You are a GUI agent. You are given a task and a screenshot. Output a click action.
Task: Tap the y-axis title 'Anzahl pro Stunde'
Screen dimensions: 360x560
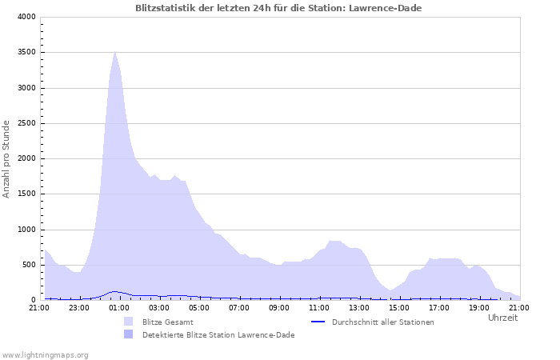(7, 158)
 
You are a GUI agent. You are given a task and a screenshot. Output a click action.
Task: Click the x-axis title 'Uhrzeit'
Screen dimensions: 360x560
(502, 318)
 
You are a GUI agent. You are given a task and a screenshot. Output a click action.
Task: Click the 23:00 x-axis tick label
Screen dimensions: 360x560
(79, 307)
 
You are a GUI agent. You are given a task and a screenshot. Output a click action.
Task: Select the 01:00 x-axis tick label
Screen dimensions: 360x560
(119, 307)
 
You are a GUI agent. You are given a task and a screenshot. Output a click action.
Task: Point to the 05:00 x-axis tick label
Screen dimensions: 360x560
(199, 307)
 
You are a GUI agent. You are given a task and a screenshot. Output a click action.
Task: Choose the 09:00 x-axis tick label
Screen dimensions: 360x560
(279, 307)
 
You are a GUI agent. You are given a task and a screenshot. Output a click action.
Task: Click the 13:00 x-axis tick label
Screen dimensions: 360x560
(359, 307)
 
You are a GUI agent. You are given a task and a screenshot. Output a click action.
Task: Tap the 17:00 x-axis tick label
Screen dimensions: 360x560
(439, 307)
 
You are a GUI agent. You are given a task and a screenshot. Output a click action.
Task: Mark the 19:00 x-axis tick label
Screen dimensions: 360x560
(479, 307)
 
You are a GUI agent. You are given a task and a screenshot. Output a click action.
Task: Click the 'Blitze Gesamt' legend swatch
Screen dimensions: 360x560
(129, 322)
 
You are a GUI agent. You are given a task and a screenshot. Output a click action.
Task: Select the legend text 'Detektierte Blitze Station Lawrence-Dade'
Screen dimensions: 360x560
(218, 335)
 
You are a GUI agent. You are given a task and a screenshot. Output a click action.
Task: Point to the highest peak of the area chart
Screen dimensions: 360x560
(115, 51)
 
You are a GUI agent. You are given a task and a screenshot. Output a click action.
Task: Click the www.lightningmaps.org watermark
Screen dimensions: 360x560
(46, 354)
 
